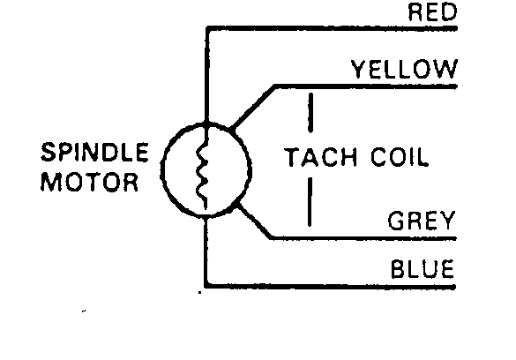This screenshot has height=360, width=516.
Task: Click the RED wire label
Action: [x=433, y=12]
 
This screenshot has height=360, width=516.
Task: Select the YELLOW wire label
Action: [x=405, y=69]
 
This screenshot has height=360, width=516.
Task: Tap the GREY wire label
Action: [x=422, y=220]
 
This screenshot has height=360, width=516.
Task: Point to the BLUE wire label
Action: [x=423, y=269]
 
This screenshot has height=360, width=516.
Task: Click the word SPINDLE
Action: [x=94, y=152]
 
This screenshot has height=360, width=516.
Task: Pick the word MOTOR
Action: [x=89, y=182]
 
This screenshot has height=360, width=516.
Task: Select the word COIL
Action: [x=400, y=157]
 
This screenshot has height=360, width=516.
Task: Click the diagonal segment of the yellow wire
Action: [x=253, y=108]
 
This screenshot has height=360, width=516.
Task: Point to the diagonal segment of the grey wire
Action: [x=254, y=221]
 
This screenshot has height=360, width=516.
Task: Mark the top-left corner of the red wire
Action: [x=207, y=28]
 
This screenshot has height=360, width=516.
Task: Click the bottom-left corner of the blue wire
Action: [x=206, y=286]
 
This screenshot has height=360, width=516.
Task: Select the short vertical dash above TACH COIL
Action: [x=310, y=113]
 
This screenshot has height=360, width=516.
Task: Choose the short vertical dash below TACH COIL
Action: [x=310, y=202]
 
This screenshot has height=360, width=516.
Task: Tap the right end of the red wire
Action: [x=456, y=28]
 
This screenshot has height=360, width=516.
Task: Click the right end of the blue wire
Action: [x=454, y=287]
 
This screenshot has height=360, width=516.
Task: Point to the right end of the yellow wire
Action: [x=456, y=86]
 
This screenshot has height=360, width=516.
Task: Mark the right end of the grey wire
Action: [x=455, y=238]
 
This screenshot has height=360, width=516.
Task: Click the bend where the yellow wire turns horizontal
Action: [x=275, y=86]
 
